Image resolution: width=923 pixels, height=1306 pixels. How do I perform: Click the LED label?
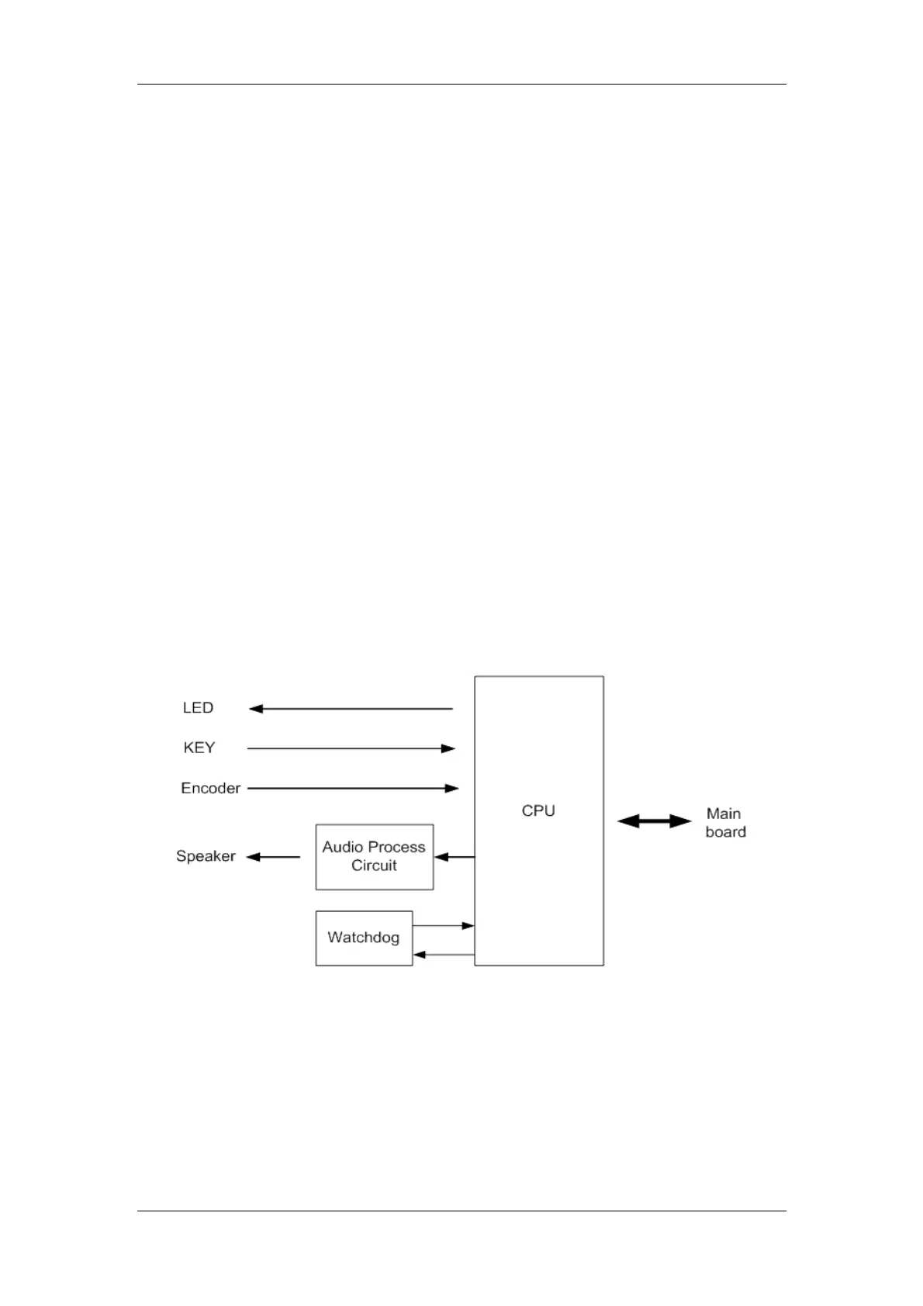(x=198, y=707)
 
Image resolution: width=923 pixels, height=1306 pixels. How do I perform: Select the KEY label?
(x=199, y=748)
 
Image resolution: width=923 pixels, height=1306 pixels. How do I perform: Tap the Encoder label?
(x=210, y=788)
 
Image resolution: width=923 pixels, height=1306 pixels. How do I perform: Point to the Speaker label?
(x=206, y=856)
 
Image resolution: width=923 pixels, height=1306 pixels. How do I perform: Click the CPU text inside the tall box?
(x=538, y=810)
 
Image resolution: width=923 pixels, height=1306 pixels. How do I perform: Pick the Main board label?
(x=725, y=823)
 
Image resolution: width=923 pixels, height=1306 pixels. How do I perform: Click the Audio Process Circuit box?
(x=375, y=857)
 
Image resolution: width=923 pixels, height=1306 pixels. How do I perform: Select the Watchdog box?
(x=364, y=938)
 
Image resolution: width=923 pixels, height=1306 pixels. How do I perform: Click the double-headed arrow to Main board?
(x=654, y=821)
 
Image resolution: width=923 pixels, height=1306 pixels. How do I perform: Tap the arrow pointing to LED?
(x=351, y=709)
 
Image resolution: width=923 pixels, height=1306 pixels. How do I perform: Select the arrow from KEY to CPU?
(x=351, y=748)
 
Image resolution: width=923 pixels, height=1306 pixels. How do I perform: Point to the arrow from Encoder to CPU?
(x=353, y=789)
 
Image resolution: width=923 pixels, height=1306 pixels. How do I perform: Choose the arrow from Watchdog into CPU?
(x=443, y=925)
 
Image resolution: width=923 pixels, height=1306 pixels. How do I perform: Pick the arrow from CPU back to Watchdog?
(x=443, y=955)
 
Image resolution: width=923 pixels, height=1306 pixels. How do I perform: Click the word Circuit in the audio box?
(x=374, y=865)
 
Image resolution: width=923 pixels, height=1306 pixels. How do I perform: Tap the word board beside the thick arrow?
(x=725, y=832)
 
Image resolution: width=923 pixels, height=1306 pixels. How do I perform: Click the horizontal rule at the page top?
(x=461, y=84)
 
